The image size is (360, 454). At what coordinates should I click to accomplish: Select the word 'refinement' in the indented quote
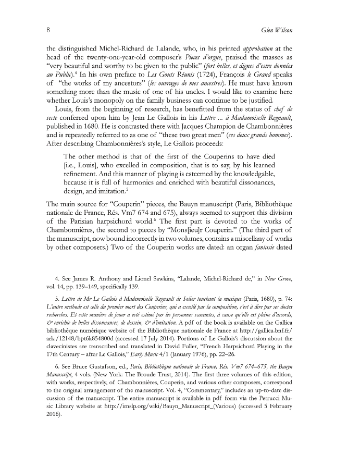coord(81,170)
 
